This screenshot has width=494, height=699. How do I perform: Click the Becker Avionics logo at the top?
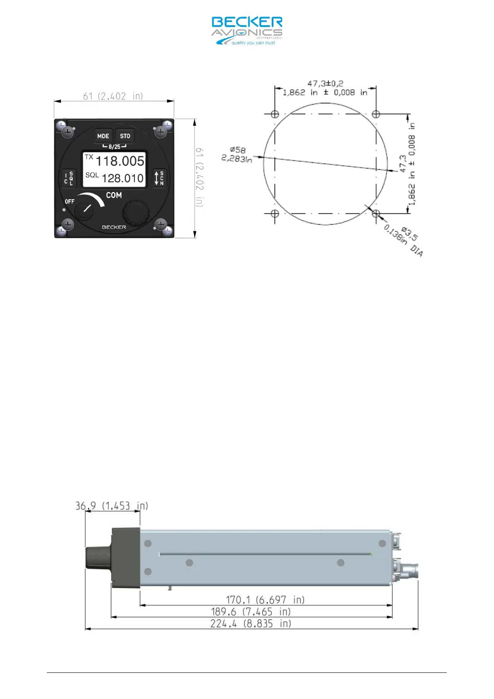pyautogui.click(x=247, y=31)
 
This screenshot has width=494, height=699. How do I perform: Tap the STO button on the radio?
pyautogui.click(x=125, y=136)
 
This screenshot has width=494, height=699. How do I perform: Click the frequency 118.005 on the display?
pyautogui.click(x=120, y=161)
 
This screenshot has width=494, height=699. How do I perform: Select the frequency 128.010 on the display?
pyautogui.click(x=122, y=178)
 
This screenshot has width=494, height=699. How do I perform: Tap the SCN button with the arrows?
pyautogui.click(x=159, y=178)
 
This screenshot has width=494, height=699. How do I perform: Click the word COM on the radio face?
pyautogui.click(x=114, y=196)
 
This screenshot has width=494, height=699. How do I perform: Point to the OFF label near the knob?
pyautogui.click(x=69, y=202)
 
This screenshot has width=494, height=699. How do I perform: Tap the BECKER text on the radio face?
pyautogui.click(x=114, y=227)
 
